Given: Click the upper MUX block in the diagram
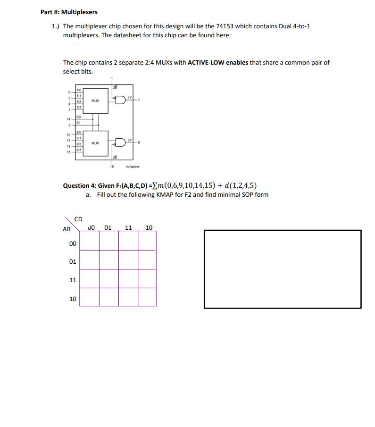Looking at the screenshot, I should [x=95, y=100].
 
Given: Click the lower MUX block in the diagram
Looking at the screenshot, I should [x=95, y=142].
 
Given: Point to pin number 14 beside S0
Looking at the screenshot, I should [x=69, y=119].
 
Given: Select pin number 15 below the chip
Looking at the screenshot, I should [x=112, y=166].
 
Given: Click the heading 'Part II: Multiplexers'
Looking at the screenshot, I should [x=69, y=12].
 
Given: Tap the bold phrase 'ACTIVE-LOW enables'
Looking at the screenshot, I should [x=217, y=62].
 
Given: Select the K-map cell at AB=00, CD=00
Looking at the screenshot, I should [x=89, y=241].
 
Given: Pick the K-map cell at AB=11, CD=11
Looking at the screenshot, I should [x=128, y=278].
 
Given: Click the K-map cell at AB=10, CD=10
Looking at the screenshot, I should [x=147, y=297].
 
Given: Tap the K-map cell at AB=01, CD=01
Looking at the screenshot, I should [x=108, y=260].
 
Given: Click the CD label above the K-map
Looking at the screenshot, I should [x=78, y=219].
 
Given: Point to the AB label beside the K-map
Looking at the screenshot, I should [x=67, y=229].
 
